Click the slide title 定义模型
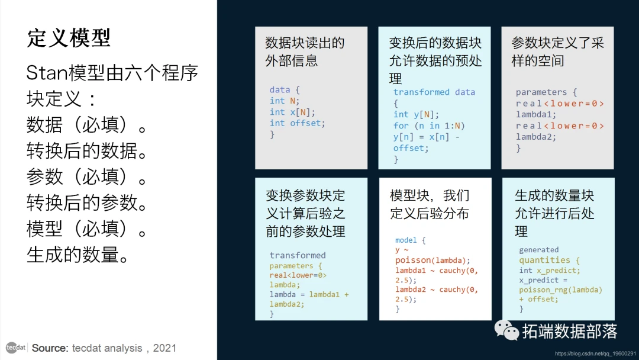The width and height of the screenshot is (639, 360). tap(69, 38)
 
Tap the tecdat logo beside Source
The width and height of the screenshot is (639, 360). tap(16, 348)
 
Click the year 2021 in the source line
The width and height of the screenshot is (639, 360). tap(164, 348)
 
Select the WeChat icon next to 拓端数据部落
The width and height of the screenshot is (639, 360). tap(506, 330)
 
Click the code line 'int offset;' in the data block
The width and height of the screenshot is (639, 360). tap(297, 123)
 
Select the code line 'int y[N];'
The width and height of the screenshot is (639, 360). tap(416, 114)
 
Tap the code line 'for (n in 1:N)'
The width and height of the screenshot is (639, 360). tap(429, 126)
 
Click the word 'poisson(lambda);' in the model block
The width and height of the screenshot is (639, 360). tap(433, 261)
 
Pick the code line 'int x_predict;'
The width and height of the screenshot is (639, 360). tap(550, 271)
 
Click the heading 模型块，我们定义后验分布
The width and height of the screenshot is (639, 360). tap(430, 204)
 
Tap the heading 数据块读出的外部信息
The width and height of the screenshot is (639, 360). tap(305, 52)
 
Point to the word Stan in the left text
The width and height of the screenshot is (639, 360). tap(47, 73)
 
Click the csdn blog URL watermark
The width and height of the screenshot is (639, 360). tap(595, 353)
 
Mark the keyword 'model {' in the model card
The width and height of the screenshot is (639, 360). tap(410, 240)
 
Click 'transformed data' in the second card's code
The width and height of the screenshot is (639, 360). tap(434, 92)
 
